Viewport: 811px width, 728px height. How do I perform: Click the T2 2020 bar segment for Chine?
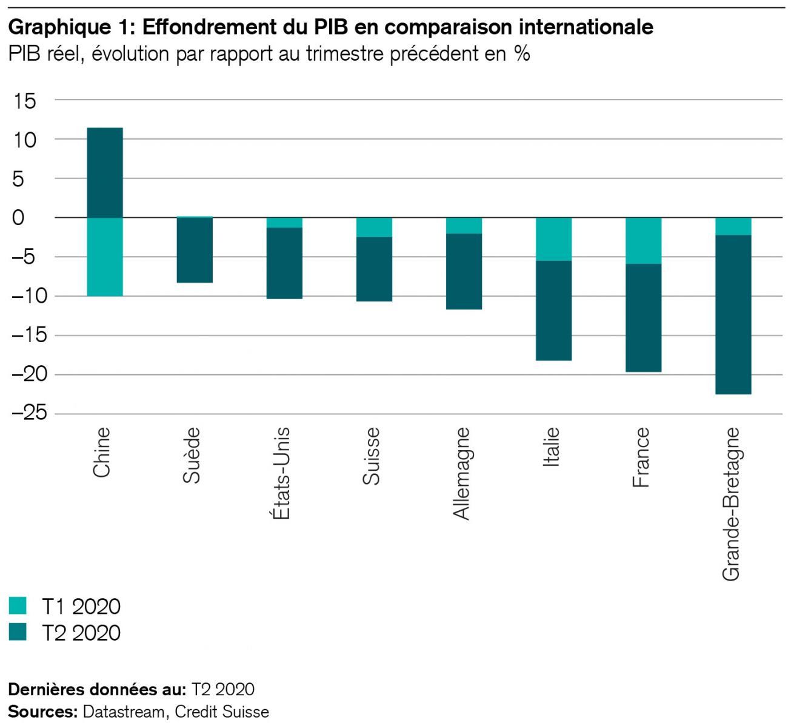105,173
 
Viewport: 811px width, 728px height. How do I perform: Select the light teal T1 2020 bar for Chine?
105,257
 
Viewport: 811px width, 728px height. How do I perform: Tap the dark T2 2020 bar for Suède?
195,250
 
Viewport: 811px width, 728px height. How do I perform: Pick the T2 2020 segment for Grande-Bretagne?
733,314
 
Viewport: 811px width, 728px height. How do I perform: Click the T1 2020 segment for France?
643,241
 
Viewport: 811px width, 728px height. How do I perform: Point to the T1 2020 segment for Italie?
553,239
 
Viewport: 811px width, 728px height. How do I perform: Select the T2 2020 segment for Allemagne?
464,271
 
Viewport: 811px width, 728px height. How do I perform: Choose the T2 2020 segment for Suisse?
374,269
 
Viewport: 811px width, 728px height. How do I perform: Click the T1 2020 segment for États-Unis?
284,223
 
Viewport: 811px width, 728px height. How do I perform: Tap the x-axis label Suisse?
371,456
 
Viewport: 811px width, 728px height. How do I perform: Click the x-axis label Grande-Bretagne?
731,504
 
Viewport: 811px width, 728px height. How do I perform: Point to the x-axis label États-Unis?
281,473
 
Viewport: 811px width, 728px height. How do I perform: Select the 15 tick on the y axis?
25,101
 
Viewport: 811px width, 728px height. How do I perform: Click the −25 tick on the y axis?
29,413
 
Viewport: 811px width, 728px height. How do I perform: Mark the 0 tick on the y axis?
18,218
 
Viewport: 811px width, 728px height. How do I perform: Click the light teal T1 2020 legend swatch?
18,605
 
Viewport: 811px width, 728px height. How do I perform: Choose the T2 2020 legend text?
81,633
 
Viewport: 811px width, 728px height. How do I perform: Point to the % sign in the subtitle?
522,54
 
